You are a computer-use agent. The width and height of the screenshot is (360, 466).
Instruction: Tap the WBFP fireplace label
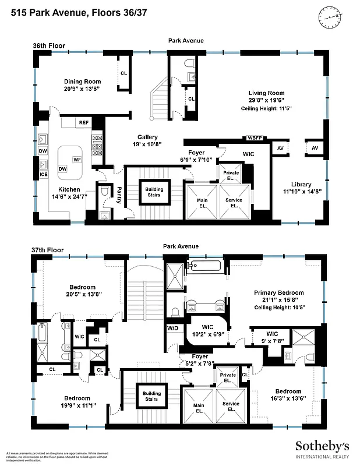[x=255, y=138]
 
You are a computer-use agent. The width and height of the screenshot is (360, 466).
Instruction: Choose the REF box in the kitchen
[x=84, y=123]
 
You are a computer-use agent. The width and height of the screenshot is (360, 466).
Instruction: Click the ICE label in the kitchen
[x=43, y=174]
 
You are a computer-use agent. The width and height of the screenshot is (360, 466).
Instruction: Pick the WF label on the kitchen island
[x=76, y=159]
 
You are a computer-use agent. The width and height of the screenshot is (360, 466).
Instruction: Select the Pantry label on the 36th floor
[x=119, y=193]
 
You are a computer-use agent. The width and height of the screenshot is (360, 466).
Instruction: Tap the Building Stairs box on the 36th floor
[x=154, y=193]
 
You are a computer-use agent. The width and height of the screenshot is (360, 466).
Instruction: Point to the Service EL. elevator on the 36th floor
[x=234, y=202]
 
